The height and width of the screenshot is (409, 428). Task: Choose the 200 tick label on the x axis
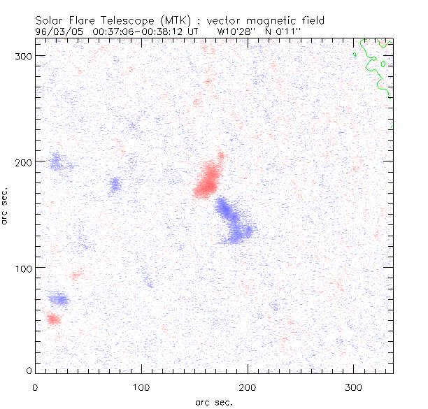(248, 386)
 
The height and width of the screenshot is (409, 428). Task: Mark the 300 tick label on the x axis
(354, 386)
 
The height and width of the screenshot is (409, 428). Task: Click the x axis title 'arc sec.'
(214, 401)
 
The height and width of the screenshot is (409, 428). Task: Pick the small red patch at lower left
(52, 319)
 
